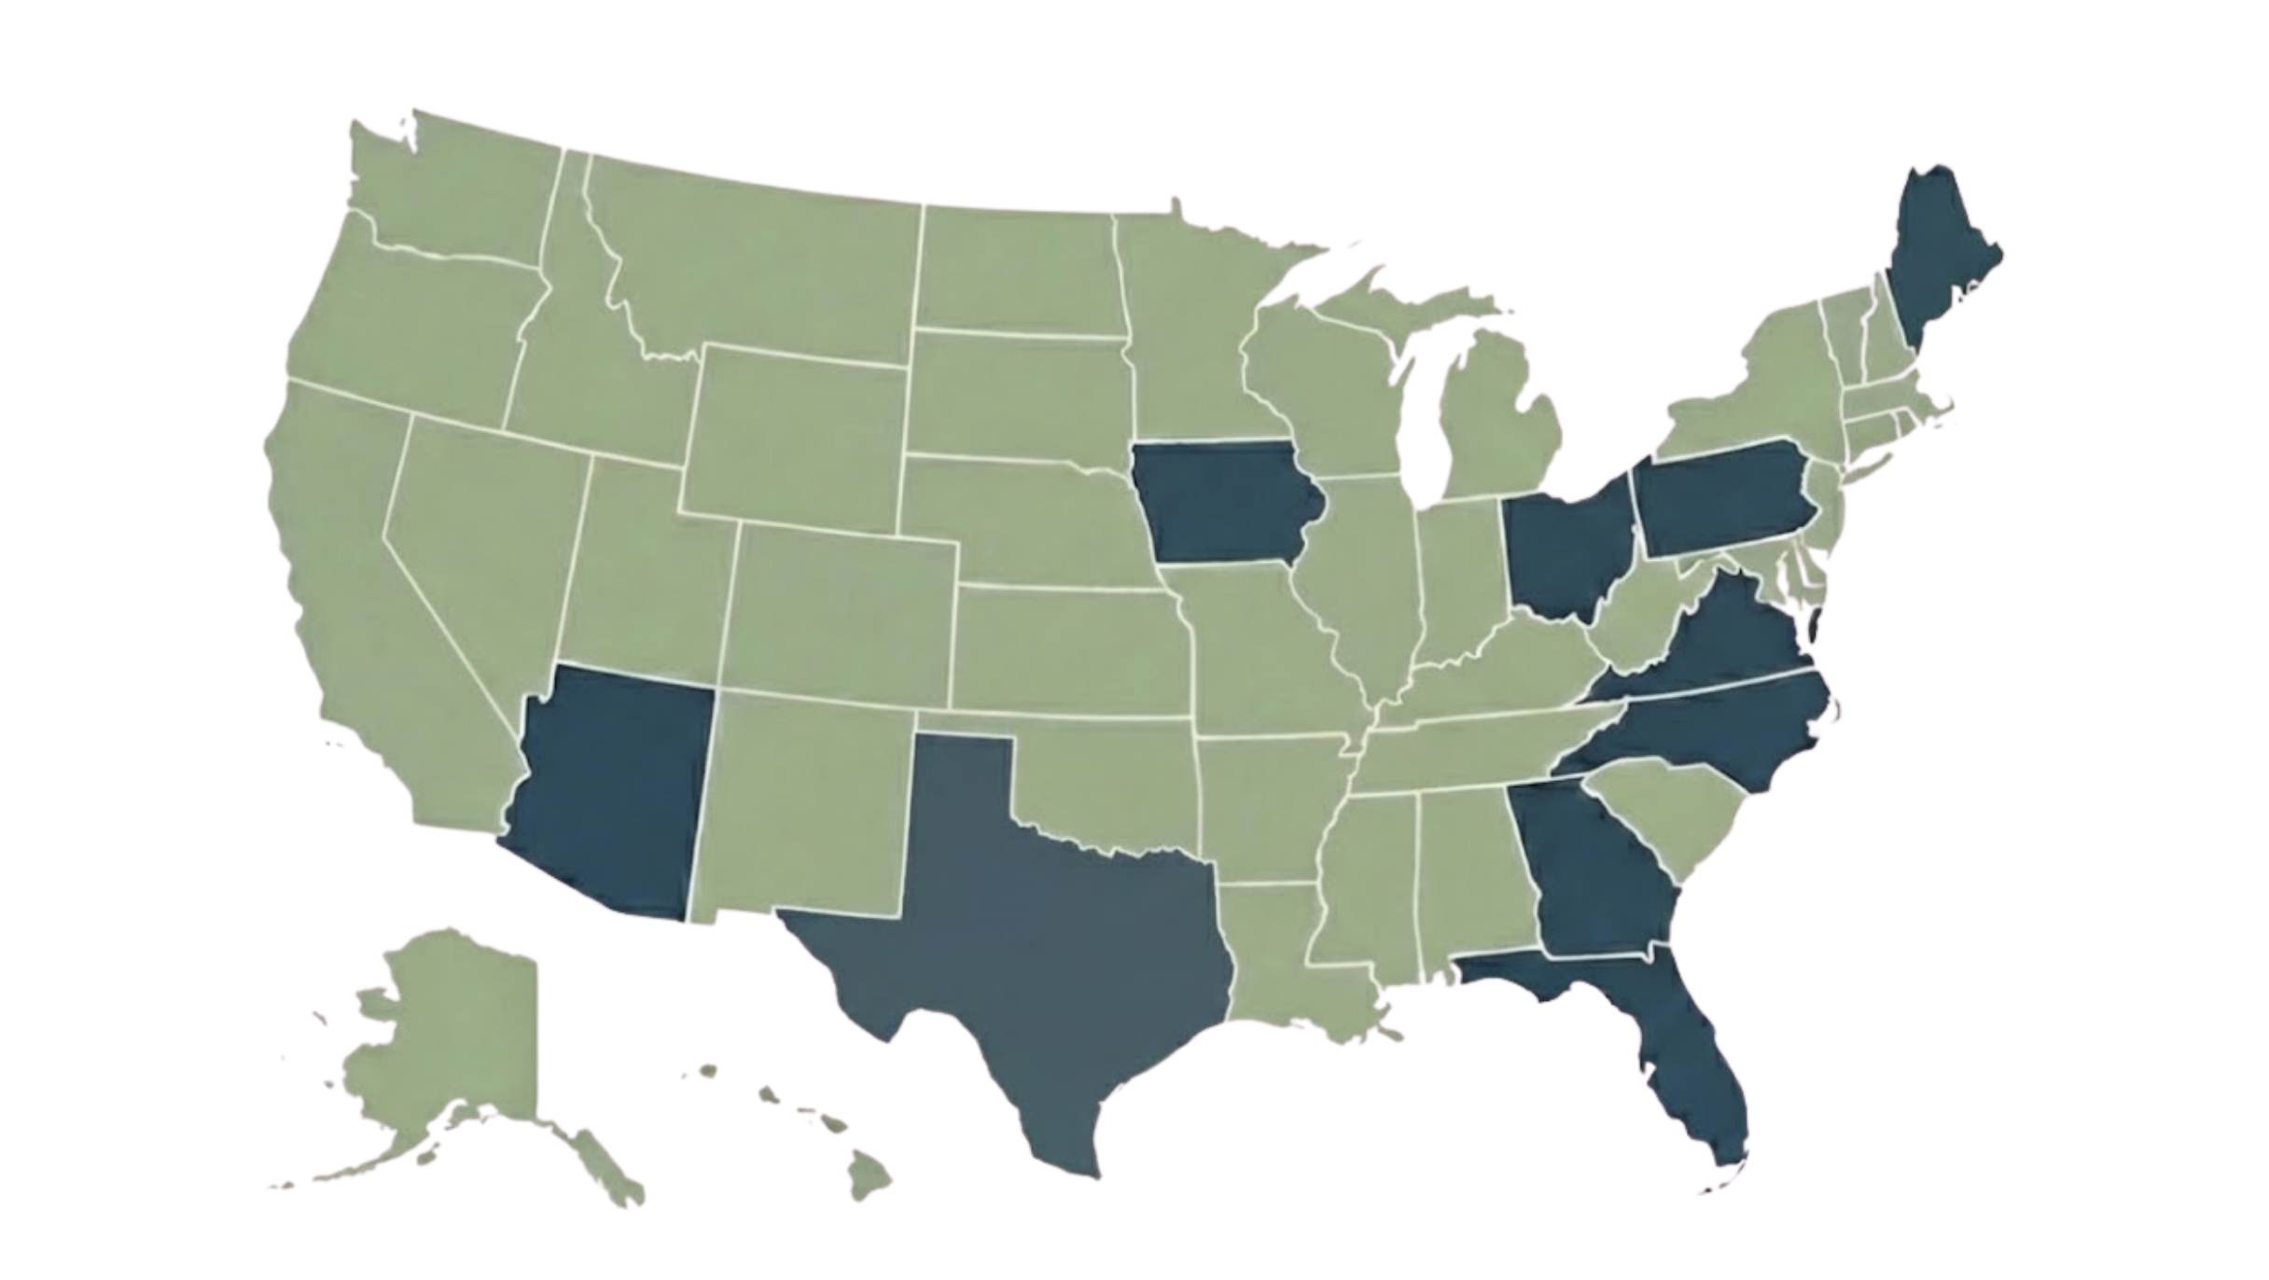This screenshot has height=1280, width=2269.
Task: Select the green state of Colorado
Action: pyautogui.click(x=840, y=606)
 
